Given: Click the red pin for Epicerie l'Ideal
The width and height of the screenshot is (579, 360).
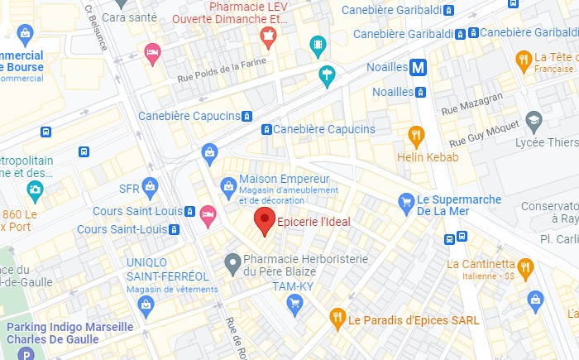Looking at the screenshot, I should (x=264, y=220).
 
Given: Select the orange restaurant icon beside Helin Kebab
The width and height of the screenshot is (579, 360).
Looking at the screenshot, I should (x=416, y=135).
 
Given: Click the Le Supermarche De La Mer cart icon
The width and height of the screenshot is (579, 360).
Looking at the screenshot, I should (x=405, y=200).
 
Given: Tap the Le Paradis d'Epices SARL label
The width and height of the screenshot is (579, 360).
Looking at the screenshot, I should (x=404, y=319).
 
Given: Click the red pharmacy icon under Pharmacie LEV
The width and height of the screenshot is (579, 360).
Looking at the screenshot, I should (x=267, y=36).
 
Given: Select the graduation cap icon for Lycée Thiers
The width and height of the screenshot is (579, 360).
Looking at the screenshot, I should (x=534, y=121).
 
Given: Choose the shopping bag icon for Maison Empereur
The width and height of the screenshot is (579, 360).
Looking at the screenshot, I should (x=227, y=185).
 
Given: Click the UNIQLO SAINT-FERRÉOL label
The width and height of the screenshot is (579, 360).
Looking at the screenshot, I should (x=167, y=269).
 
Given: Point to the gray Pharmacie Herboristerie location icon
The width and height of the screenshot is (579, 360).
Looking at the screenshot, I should (x=233, y=264).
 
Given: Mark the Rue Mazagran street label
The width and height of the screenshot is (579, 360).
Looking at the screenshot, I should (x=472, y=103).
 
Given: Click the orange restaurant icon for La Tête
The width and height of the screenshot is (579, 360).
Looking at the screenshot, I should (x=524, y=59).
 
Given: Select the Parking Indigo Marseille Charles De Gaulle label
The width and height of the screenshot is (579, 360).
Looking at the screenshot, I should (x=69, y=333).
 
